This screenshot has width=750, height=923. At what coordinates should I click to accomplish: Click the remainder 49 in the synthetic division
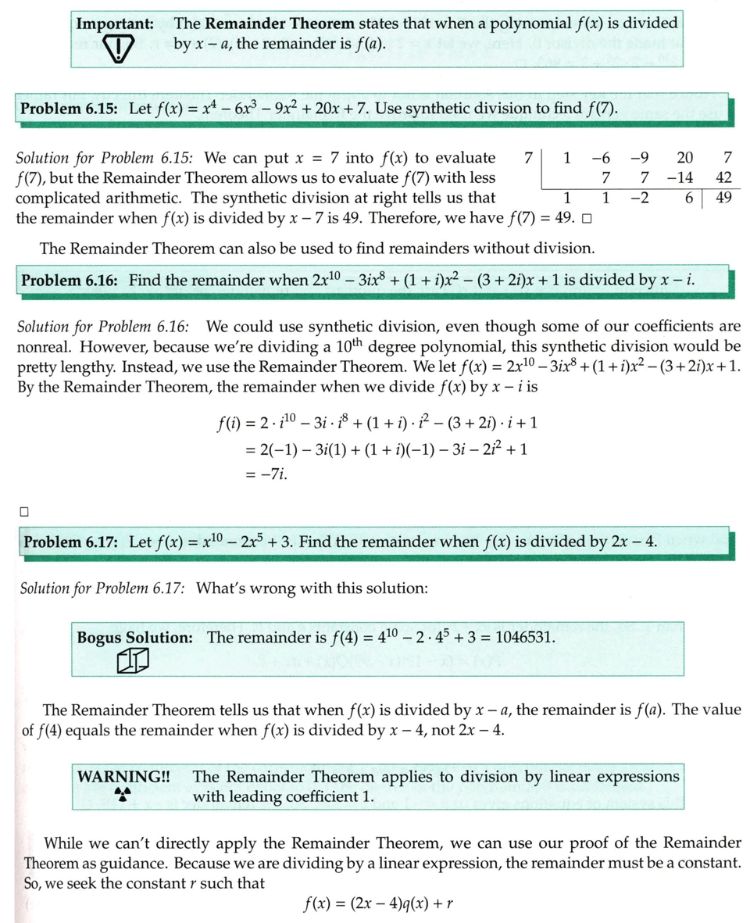tap(723, 197)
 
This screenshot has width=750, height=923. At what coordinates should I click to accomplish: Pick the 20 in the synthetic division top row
tap(684, 157)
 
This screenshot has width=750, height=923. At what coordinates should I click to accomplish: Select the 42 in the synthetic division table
tap(723, 177)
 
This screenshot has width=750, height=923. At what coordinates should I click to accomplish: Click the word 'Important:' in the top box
tap(114, 24)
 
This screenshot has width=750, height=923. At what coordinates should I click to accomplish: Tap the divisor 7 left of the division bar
tap(529, 157)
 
